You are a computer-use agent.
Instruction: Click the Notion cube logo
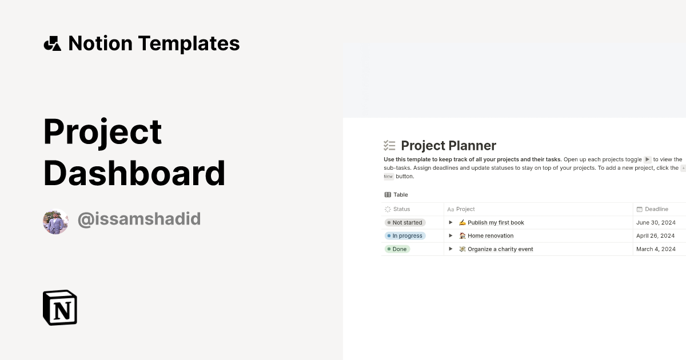tap(60, 307)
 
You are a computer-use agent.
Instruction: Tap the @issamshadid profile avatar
tap(55, 221)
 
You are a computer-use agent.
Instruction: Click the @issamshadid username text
tap(139, 219)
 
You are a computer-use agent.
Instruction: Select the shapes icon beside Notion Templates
tap(52, 43)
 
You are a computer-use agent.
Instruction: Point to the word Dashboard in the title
tap(134, 173)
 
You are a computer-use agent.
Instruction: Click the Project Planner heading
tap(448, 146)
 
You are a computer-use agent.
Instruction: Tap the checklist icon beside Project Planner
tap(389, 146)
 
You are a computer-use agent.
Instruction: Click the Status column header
tap(401, 209)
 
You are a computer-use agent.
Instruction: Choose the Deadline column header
tap(656, 209)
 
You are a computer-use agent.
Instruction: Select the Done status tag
tap(397, 249)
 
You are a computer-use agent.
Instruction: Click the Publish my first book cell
tap(495, 223)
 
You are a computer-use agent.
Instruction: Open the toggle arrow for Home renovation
tap(450, 235)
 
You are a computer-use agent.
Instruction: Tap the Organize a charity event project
tap(500, 249)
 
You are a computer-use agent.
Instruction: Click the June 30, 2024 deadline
tap(656, 223)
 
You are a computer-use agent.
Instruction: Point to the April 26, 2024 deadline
tap(655, 236)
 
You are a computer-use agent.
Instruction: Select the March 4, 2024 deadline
tap(656, 249)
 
